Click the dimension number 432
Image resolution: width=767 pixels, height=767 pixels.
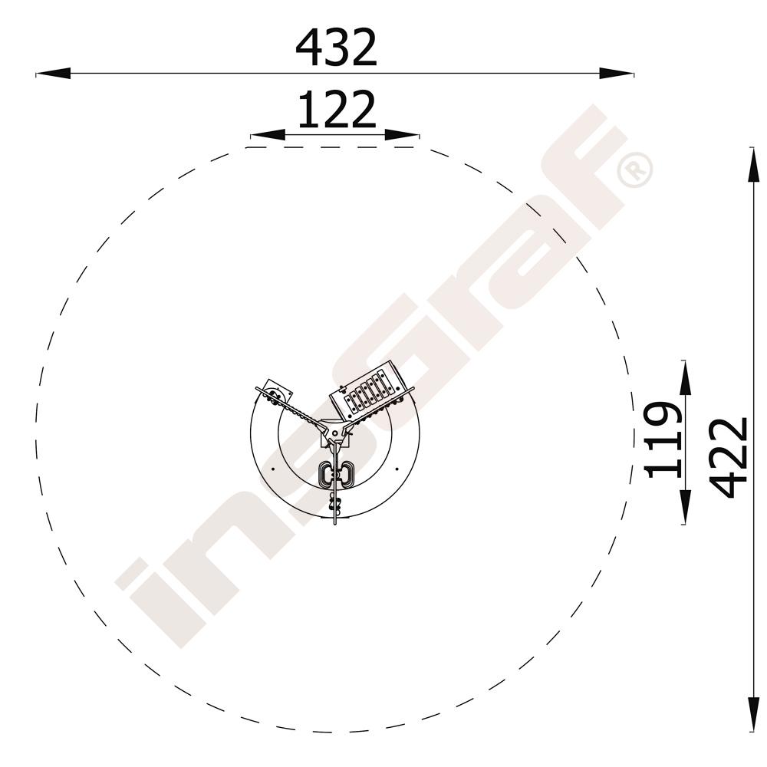point(336,48)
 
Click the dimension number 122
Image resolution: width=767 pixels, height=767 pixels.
point(337,109)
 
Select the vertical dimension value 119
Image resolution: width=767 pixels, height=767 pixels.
point(663,439)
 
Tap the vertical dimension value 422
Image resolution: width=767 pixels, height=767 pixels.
point(729,457)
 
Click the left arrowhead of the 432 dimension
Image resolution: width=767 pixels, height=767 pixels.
point(53,74)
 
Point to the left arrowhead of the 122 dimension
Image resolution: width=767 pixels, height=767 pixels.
point(268,134)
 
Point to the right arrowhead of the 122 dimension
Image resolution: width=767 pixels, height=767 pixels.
point(402,134)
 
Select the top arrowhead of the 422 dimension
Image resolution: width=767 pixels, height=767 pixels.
point(753,164)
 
